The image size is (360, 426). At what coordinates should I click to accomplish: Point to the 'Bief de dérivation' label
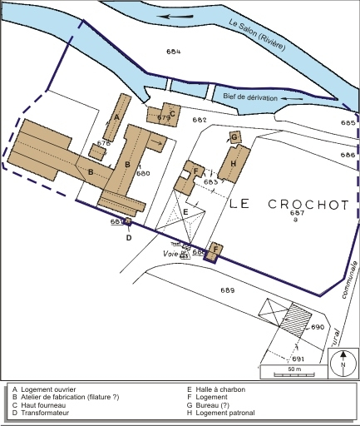(x=253, y=97)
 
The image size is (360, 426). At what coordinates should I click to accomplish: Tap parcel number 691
(x=298, y=359)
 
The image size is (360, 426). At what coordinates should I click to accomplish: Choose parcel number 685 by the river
(x=348, y=123)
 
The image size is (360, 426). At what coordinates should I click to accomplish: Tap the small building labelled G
(x=234, y=136)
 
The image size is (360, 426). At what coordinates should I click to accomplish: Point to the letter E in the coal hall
(x=186, y=212)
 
